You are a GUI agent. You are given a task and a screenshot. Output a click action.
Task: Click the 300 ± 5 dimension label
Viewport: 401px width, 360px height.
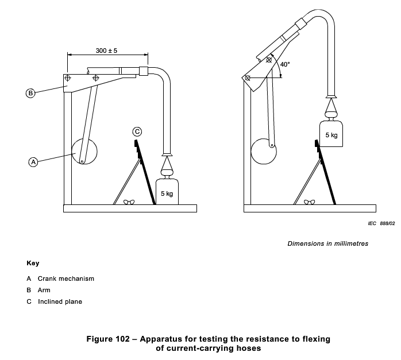106,51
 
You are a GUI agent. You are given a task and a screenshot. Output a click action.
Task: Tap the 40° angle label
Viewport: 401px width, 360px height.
285,64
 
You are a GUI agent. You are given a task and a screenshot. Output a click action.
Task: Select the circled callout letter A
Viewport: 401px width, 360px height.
33,162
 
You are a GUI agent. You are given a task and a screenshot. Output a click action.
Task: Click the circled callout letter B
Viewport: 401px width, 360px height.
30,93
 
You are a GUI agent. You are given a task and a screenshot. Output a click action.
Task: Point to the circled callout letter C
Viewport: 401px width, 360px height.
137,132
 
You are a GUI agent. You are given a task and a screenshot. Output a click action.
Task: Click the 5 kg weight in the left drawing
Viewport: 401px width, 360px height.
167,192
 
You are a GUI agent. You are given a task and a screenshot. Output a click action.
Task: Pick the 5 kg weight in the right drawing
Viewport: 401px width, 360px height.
331,134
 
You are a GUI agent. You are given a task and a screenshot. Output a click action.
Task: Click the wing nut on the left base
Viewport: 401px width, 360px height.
129,202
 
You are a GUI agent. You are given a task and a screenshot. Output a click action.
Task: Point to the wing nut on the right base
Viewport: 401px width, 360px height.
310,202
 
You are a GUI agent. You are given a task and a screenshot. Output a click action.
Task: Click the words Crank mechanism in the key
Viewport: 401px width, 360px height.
66,278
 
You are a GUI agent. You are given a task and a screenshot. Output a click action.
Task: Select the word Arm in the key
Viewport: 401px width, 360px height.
44,290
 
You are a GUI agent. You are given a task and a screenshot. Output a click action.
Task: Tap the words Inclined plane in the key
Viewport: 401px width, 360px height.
60,301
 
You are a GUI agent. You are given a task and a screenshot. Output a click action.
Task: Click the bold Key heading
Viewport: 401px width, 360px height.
33,263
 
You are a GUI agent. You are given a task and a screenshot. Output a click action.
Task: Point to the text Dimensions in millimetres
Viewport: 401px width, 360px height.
328,243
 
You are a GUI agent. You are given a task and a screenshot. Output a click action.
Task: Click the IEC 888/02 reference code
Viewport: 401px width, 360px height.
381,223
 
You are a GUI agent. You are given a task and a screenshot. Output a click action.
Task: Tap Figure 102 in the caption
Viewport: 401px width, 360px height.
108,339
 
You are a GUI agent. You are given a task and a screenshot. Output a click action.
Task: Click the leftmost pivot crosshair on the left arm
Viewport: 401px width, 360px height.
68,78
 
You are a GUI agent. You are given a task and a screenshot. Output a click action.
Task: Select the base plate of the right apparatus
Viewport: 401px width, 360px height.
310,208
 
